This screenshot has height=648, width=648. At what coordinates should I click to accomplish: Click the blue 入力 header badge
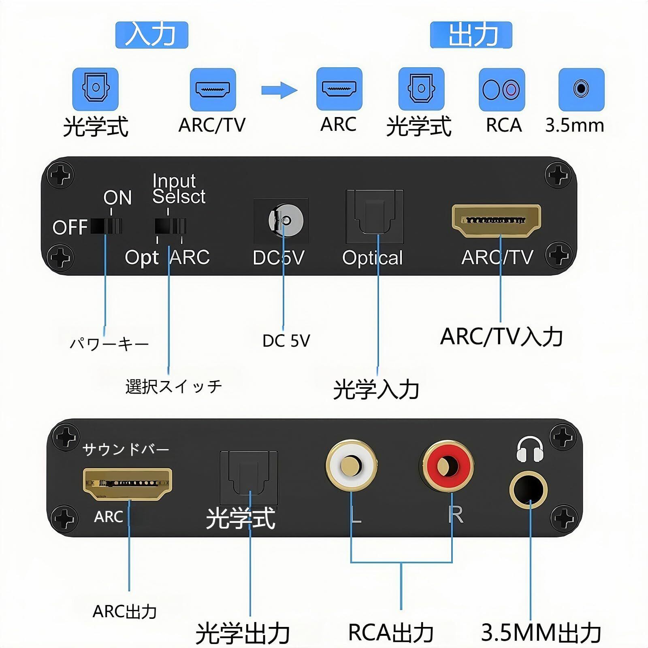[x=151, y=35]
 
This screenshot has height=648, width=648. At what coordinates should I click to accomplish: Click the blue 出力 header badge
[x=471, y=35]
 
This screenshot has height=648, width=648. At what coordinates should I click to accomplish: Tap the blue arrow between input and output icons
[x=279, y=90]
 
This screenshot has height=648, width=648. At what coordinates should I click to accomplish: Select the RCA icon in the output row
[x=502, y=90]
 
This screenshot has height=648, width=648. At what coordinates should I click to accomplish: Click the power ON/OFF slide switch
[x=106, y=226]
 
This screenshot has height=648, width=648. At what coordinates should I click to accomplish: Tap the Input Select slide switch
[x=171, y=226]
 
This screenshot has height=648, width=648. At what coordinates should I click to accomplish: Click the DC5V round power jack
[x=286, y=221]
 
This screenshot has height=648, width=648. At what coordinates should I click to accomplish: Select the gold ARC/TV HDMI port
[x=496, y=220]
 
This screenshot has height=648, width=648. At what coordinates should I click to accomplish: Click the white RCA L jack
[x=351, y=466]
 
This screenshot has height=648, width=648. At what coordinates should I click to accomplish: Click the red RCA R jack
[x=448, y=466]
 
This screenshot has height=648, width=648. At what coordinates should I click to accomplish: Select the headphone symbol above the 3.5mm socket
[x=530, y=449]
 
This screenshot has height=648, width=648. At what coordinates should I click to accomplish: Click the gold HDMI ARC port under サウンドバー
[x=128, y=484]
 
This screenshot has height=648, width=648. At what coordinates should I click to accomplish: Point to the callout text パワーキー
[x=109, y=344]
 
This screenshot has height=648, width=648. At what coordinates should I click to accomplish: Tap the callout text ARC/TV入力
[x=501, y=337]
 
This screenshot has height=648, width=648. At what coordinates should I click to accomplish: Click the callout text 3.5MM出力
[x=541, y=632]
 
